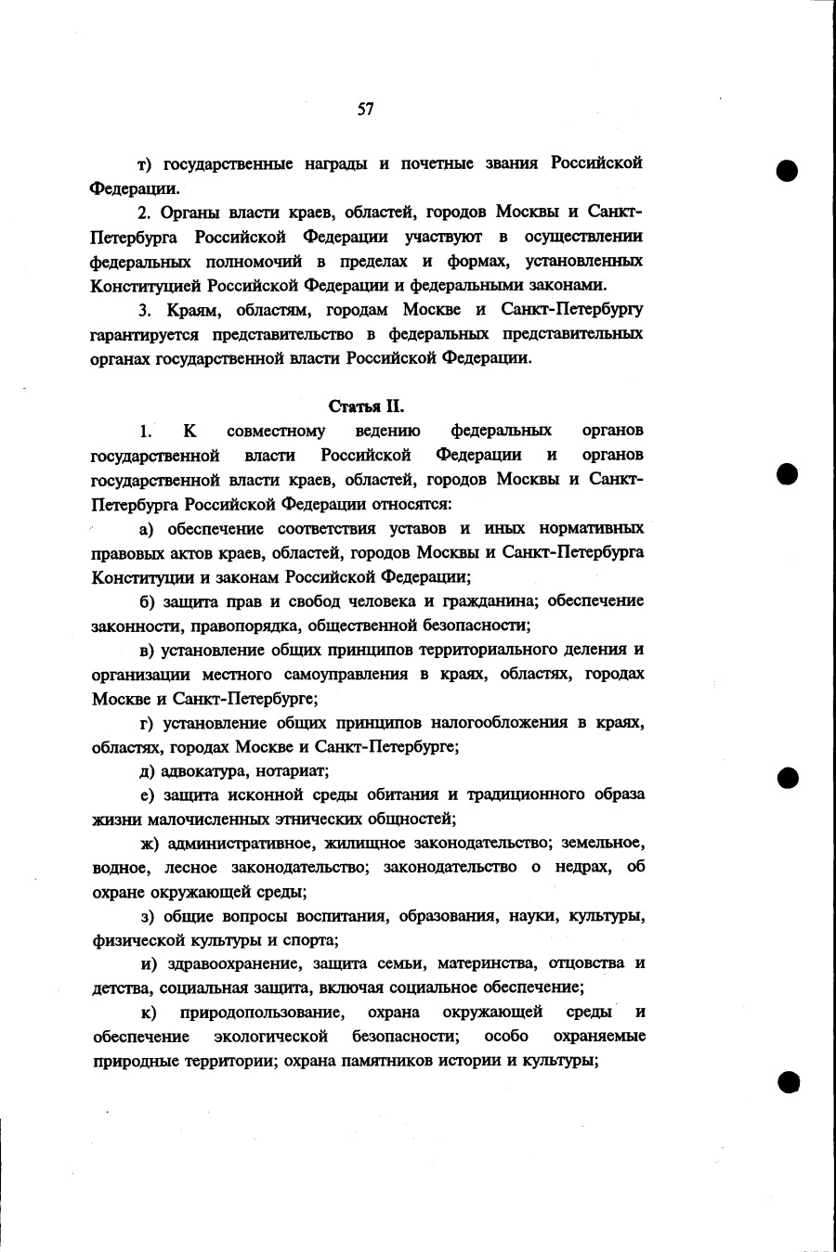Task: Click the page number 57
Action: coord(365,110)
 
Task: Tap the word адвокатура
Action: coord(202,770)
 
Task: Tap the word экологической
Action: coord(271,1036)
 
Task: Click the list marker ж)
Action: coord(149,843)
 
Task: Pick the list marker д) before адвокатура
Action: coord(146,770)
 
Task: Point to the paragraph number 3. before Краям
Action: coord(144,309)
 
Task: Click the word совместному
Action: coord(276,430)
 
